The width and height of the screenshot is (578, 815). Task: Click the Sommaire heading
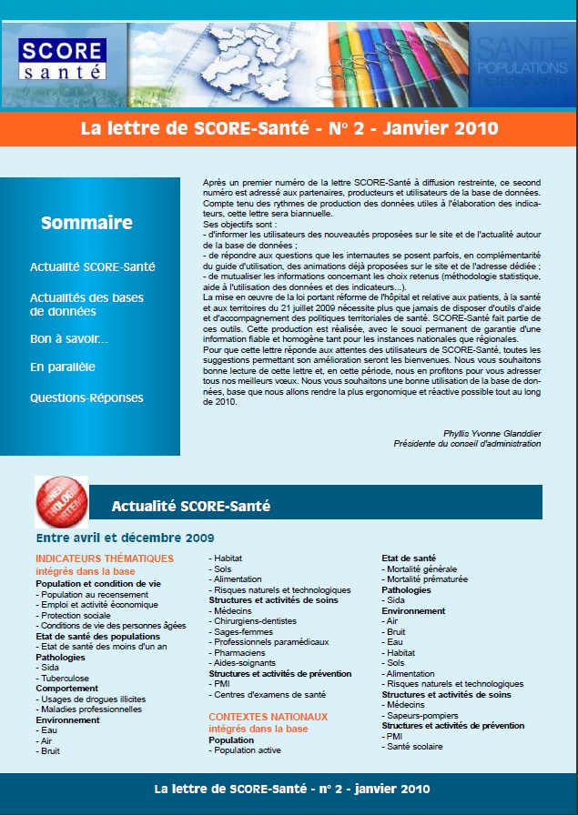click(87, 223)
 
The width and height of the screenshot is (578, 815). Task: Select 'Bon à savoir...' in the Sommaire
click(69, 338)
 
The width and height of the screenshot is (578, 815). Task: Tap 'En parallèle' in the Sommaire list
click(63, 367)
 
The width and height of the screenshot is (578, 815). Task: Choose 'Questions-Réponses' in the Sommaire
click(86, 397)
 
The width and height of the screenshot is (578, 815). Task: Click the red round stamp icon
click(61, 501)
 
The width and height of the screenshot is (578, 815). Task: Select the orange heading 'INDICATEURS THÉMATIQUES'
click(105, 558)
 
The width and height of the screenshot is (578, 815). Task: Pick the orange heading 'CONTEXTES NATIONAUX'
click(269, 717)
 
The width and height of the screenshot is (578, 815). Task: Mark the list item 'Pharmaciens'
click(242, 652)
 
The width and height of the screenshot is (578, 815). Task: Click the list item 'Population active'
click(248, 750)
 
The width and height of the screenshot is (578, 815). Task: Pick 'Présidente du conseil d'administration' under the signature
click(467, 444)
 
